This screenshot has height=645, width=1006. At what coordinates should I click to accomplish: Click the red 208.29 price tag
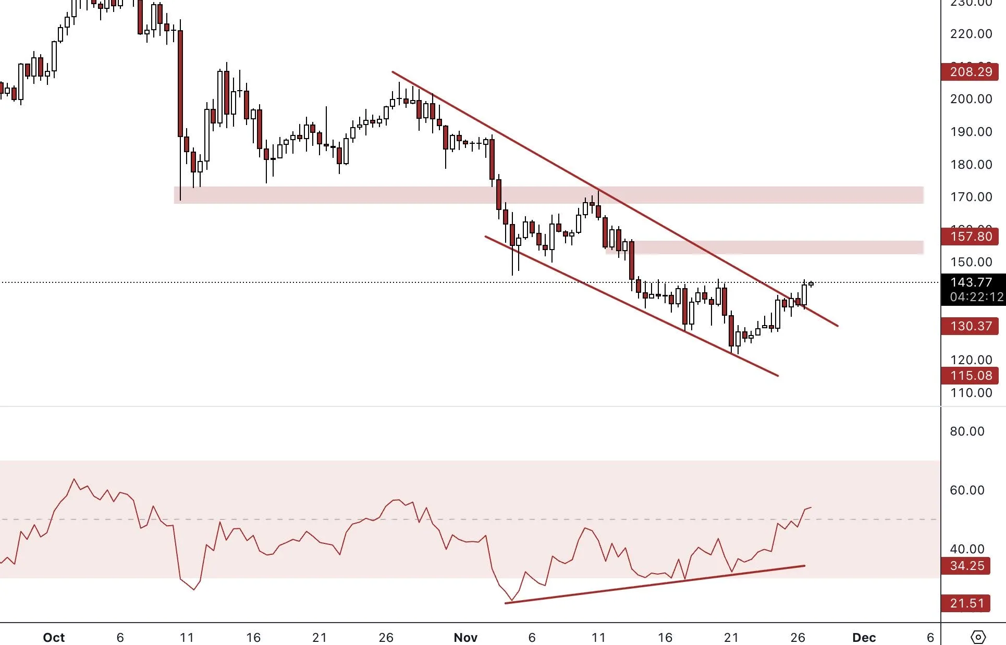[970, 72]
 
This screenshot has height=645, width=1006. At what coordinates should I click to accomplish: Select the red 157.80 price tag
[970, 237]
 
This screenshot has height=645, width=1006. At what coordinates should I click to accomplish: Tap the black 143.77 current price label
[971, 282]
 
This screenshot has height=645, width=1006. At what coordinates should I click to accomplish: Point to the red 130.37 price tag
[970, 326]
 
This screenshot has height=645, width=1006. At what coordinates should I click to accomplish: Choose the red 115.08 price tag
[970, 376]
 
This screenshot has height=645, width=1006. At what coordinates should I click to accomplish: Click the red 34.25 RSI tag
[967, 566]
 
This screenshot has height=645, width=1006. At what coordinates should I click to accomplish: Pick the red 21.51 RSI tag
[967, 603]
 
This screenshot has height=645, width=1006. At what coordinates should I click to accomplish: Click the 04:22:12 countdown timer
[976, 297]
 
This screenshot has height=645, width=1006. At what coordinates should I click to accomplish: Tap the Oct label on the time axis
[54, 637]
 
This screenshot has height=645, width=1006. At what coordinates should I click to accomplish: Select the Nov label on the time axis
[465, 637]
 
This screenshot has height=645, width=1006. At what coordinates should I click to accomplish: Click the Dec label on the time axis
[864, 637]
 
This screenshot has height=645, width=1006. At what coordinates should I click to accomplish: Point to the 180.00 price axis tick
[971, 165]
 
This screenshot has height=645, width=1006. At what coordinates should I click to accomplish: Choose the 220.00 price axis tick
[971, 34]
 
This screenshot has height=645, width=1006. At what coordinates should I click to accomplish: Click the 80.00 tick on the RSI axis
[967, 431]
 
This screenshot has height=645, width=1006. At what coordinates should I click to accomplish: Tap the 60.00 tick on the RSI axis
[967, 490]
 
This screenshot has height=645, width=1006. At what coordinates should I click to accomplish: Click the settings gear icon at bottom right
[978, 637]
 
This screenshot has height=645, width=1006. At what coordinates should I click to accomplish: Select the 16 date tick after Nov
[665, 637]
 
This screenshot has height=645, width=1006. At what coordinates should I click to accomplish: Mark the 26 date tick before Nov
[386, 637]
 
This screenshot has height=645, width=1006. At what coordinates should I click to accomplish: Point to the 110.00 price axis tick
[971, 393]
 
